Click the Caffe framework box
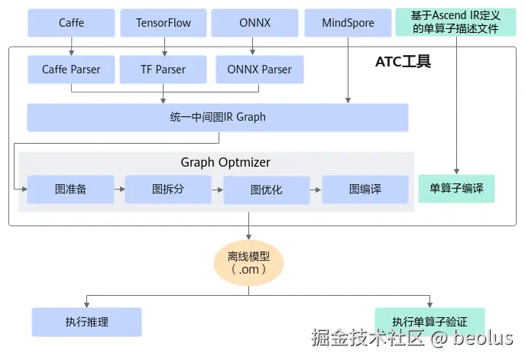71,23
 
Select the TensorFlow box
164,23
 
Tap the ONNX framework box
254,23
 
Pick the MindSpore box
348,23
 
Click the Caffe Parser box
71,70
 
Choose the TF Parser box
163,70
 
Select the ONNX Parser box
260,70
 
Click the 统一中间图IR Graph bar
218,117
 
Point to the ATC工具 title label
403,62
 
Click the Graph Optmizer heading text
225,162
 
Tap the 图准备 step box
70,190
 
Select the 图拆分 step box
168,190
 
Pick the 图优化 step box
267,190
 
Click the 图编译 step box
365,190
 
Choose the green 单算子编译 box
456,188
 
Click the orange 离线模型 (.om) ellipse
249,263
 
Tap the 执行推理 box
86,322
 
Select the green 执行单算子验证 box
430,322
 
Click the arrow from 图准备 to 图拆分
119,190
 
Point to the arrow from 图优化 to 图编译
316,190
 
